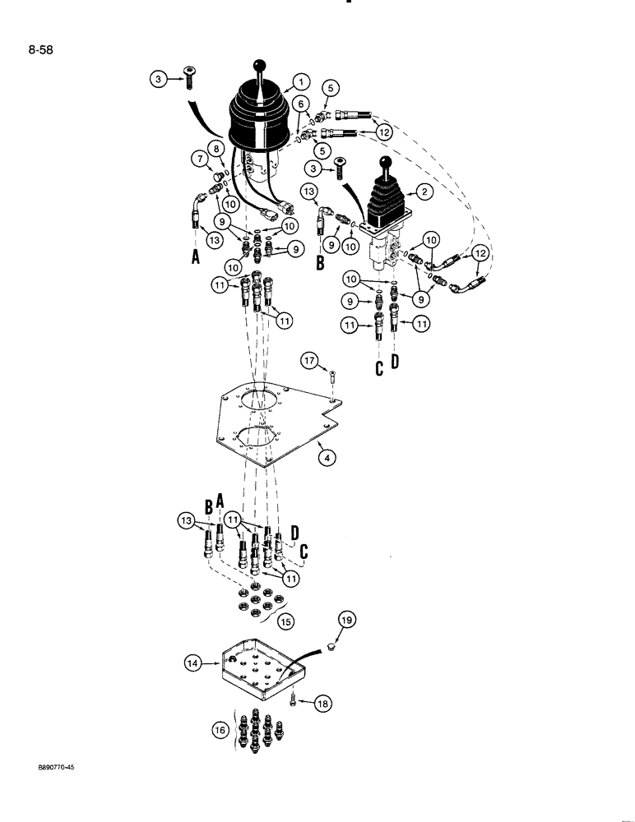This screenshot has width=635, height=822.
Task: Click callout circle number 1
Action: [300, 81]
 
